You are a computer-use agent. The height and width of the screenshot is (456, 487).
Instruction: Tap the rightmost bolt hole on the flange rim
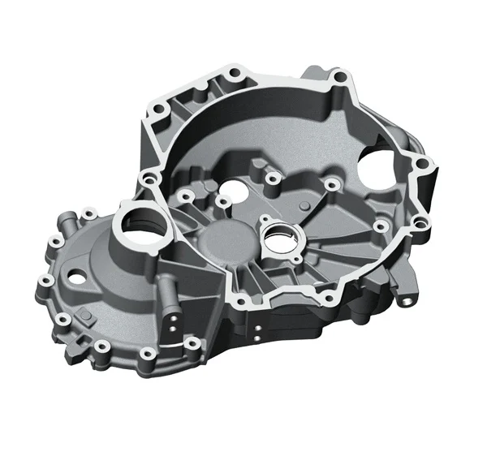tap(421, 165)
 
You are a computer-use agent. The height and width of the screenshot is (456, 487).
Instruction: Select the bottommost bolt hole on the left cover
tap(147, 354)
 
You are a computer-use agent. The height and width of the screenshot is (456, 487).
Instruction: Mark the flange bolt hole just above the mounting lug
tap(419, 222)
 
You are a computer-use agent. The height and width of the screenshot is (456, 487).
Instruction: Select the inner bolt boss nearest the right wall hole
tap(332, 186)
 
